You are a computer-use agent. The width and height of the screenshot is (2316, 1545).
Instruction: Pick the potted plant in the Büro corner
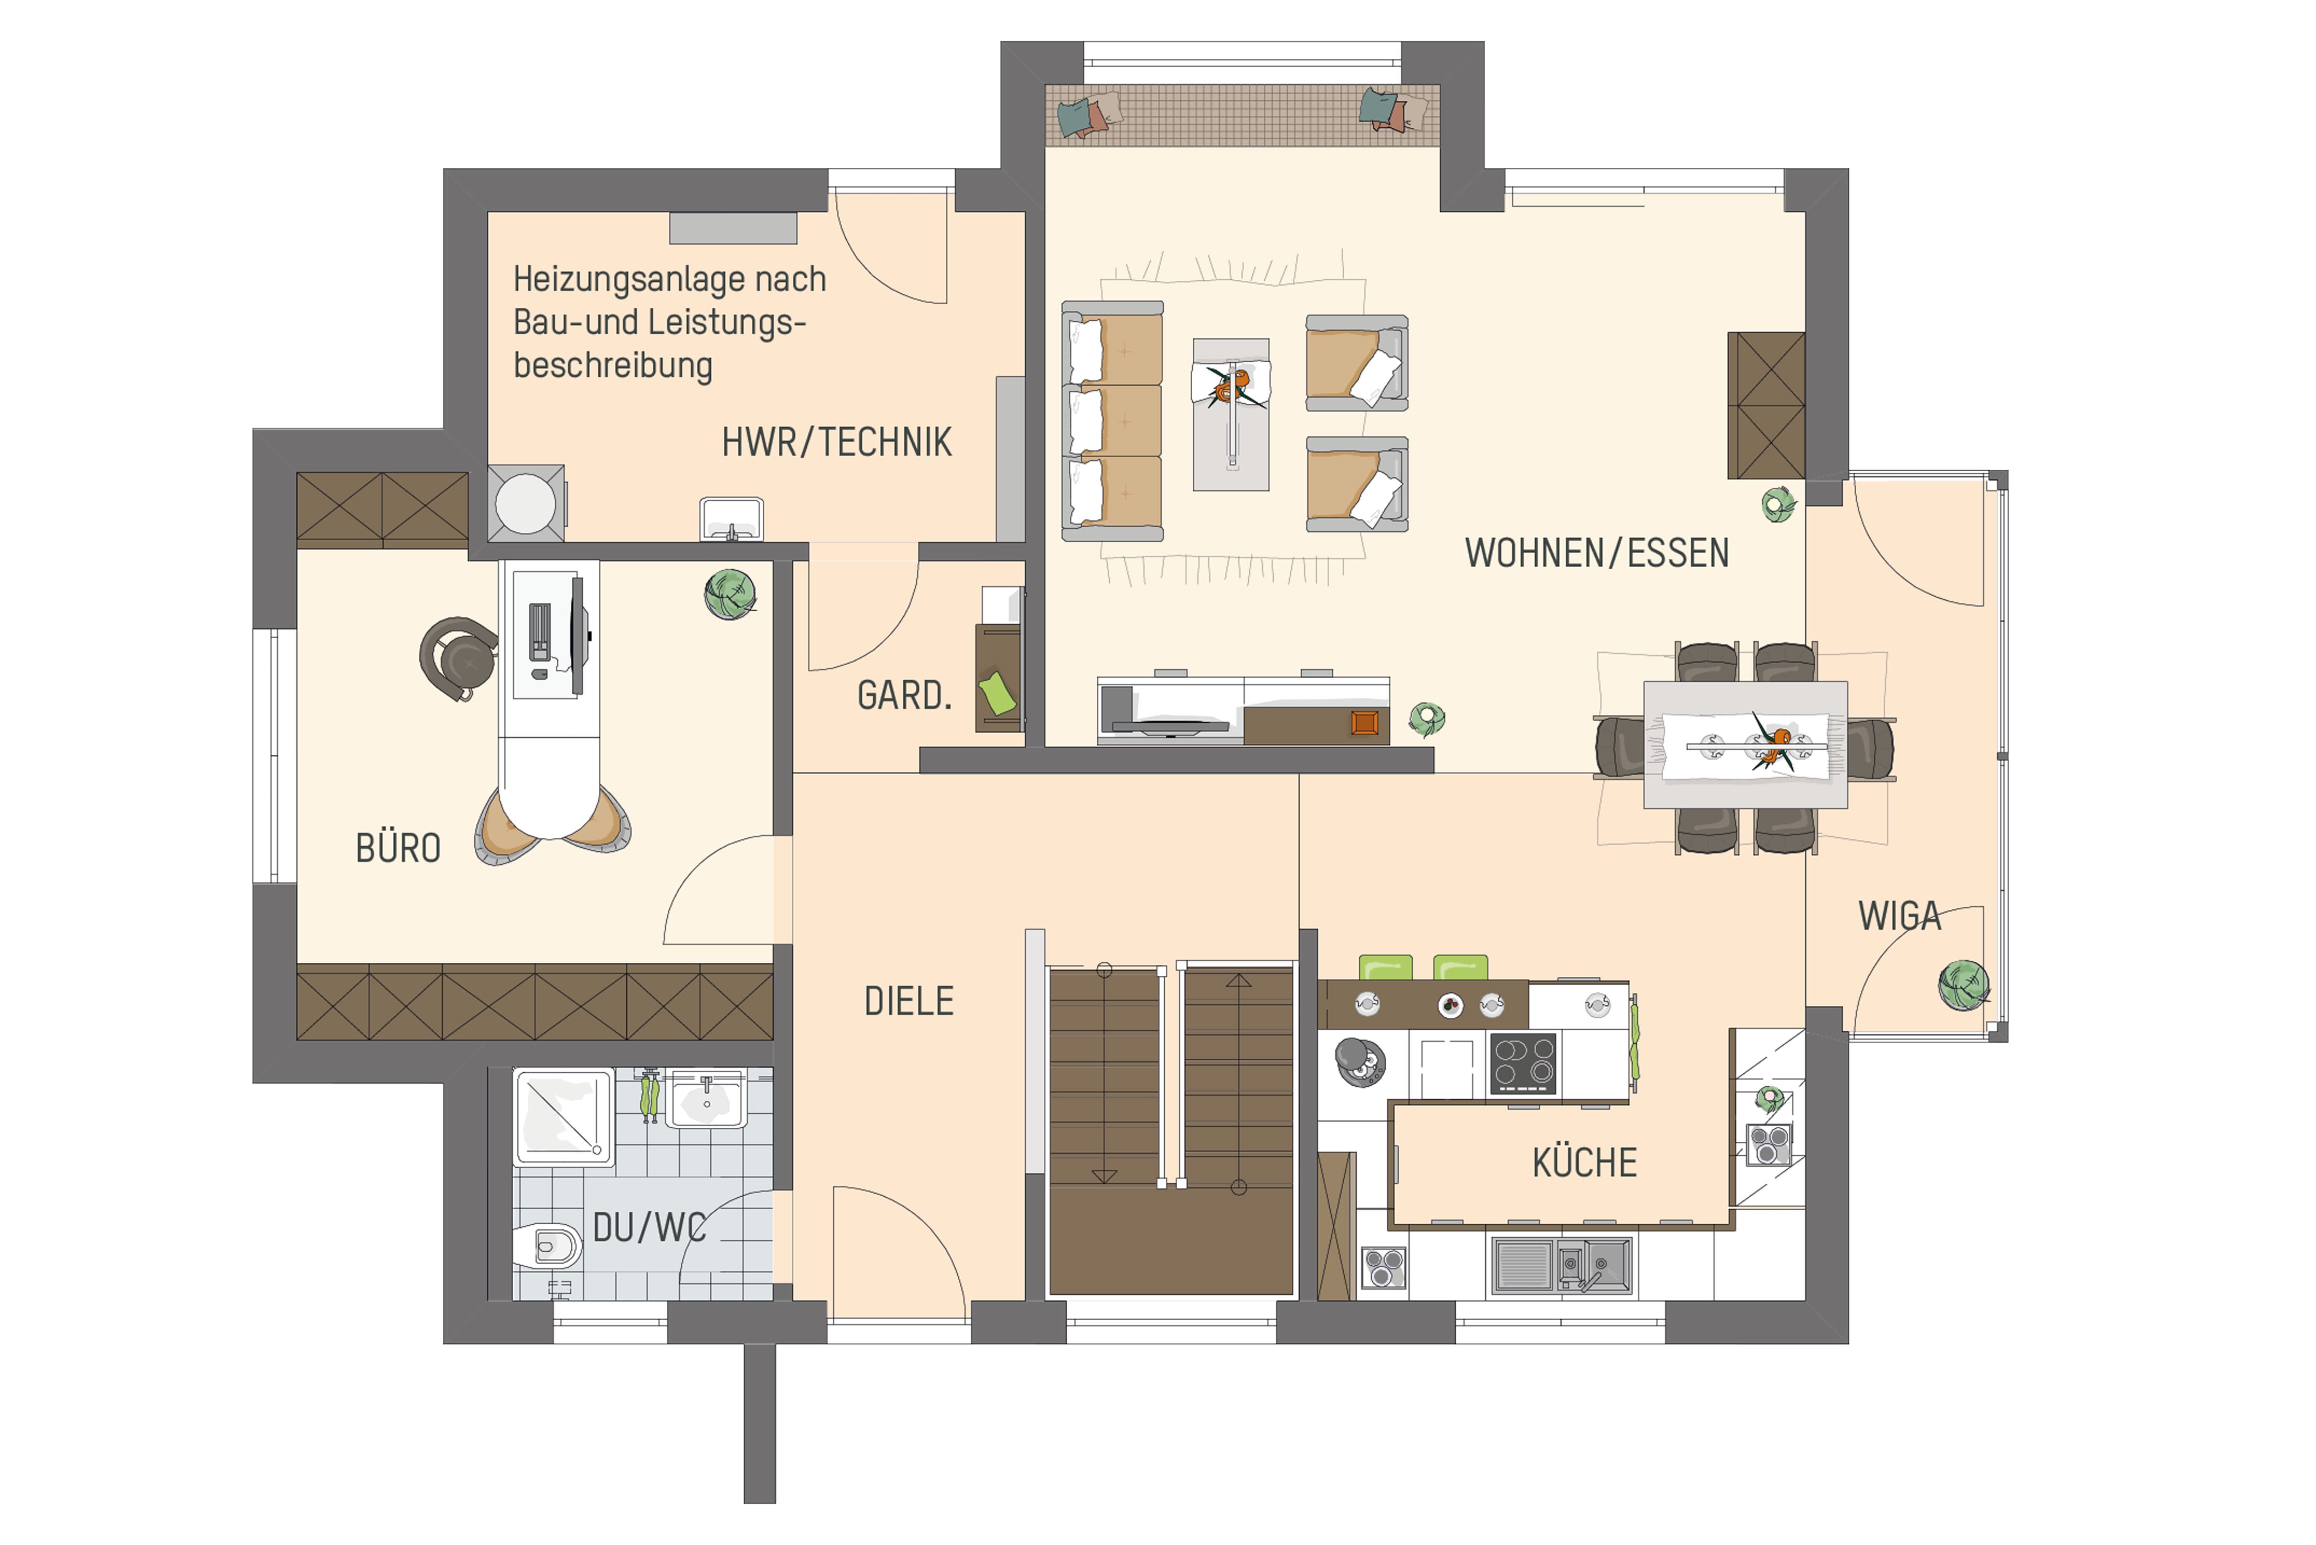pyautogui.click(x=731, y=594)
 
